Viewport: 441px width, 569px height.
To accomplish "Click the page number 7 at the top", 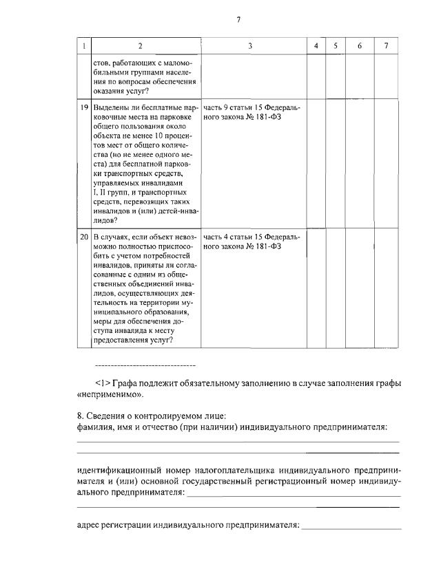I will pyautogui.click(x=238, y=19).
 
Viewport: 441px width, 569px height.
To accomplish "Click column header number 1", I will pyautogui.click(x=83, y=45).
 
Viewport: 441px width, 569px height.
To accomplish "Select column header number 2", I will pyautogui.click(x=140, y=45).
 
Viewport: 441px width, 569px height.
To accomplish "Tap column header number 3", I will pyautogui.click(x=250, y=45).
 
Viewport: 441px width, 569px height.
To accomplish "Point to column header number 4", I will pyautogui.click(x=315, y=45).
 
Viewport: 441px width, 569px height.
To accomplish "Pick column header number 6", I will pyautogui.click(x=359, y=45).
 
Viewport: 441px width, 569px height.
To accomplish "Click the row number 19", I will pyautogui.click(x=83, y=109).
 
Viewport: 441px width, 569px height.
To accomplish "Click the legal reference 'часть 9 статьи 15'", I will pyautogui.click(x=234, y=109).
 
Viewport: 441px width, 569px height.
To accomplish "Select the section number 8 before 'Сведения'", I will pyautogui.click(x=79, y=416).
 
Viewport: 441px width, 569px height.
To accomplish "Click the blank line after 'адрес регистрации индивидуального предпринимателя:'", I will pyautogui.click(x=351, y=527).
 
